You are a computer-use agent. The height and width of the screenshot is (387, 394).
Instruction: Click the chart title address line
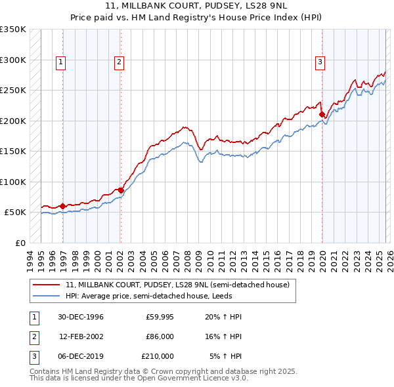point(196,6)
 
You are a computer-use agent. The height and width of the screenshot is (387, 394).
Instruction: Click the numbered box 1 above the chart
point(60,62)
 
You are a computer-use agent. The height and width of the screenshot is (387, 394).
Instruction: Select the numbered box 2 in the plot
point(119,62)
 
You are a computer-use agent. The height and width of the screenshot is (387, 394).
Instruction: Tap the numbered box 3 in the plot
point(320,62)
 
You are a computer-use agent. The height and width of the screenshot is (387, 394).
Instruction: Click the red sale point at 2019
point(322,115)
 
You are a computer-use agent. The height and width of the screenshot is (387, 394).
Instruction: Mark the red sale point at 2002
point(121,190)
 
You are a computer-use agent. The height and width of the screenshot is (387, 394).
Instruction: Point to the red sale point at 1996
point(63,206)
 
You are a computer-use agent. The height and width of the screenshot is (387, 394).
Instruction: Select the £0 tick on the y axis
point(20,243)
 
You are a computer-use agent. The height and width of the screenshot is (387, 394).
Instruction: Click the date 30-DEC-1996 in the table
point(80,317)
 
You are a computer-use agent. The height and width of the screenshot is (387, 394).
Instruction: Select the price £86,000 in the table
point(159,336)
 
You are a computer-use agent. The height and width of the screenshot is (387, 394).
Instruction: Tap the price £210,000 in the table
point(158,356)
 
